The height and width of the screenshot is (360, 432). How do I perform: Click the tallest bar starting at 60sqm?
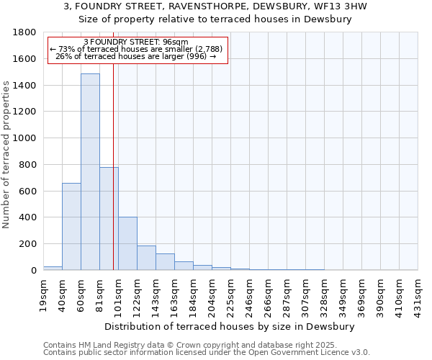pos(90,173)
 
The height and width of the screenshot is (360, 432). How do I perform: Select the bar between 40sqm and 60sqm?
pos(71,227)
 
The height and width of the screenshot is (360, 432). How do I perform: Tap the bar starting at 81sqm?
pos(109,219)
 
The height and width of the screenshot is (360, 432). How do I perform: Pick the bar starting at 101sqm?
pos(127,243)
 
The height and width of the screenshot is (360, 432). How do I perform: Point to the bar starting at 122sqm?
pos(146,258)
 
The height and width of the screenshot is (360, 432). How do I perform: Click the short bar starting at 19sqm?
pos(53,268)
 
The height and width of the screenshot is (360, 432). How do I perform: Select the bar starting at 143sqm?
pos(165,262)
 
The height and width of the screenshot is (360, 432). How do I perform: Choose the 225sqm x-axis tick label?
pos(230,294)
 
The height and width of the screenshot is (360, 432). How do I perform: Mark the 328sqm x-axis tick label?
pos(324,294)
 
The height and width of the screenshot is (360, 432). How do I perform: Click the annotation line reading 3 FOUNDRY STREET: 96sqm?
pos(136,42)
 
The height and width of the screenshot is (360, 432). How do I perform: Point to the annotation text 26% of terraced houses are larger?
pos(136,56)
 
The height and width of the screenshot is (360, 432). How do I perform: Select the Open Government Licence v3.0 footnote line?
pos(206,352)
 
